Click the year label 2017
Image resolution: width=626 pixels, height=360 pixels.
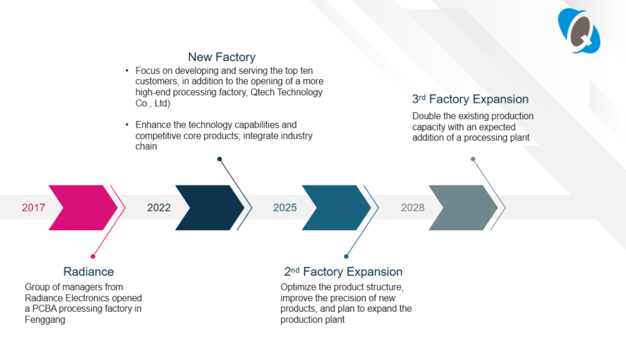point(34,208)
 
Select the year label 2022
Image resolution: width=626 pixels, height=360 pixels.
point(159,208)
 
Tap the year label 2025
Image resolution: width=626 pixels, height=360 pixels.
point(285,208)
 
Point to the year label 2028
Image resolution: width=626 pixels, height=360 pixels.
point(413,208)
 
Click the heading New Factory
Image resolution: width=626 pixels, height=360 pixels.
point(221,57)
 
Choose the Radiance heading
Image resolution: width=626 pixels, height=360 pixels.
point(89,272)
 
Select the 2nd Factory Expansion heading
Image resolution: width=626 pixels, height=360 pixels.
point(344,271)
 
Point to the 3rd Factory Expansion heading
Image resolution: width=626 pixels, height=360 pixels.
point(470,99)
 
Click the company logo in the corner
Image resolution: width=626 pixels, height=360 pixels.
point(579,31)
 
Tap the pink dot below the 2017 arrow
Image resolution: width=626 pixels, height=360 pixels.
point(93,256)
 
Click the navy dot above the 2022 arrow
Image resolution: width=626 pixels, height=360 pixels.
point(219,159)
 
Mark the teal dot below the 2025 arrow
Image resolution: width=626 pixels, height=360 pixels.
point(346,256)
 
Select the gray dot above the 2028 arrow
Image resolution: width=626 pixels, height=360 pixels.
point(473,159)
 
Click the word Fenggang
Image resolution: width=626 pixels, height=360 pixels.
point(45,320)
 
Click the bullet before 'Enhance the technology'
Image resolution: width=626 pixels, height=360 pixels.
point(127,125)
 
